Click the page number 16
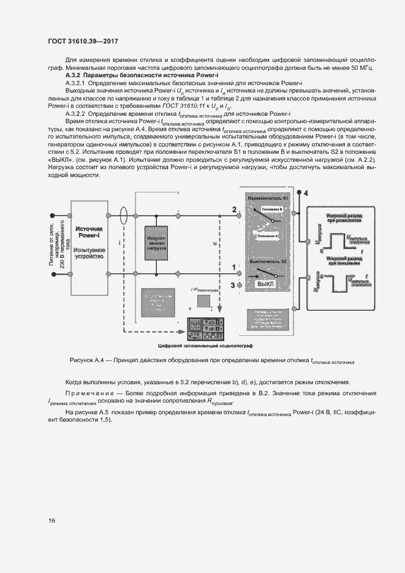[x=51, y=520]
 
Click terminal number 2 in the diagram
[x=234, y=210]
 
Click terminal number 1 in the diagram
[x=233, y=267]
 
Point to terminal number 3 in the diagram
[x=232, y=285]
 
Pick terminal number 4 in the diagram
[x=306, y=194]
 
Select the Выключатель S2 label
[x=266, y=262]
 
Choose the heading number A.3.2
[x=74, y=75]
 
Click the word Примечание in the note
[x=88, y=392]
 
